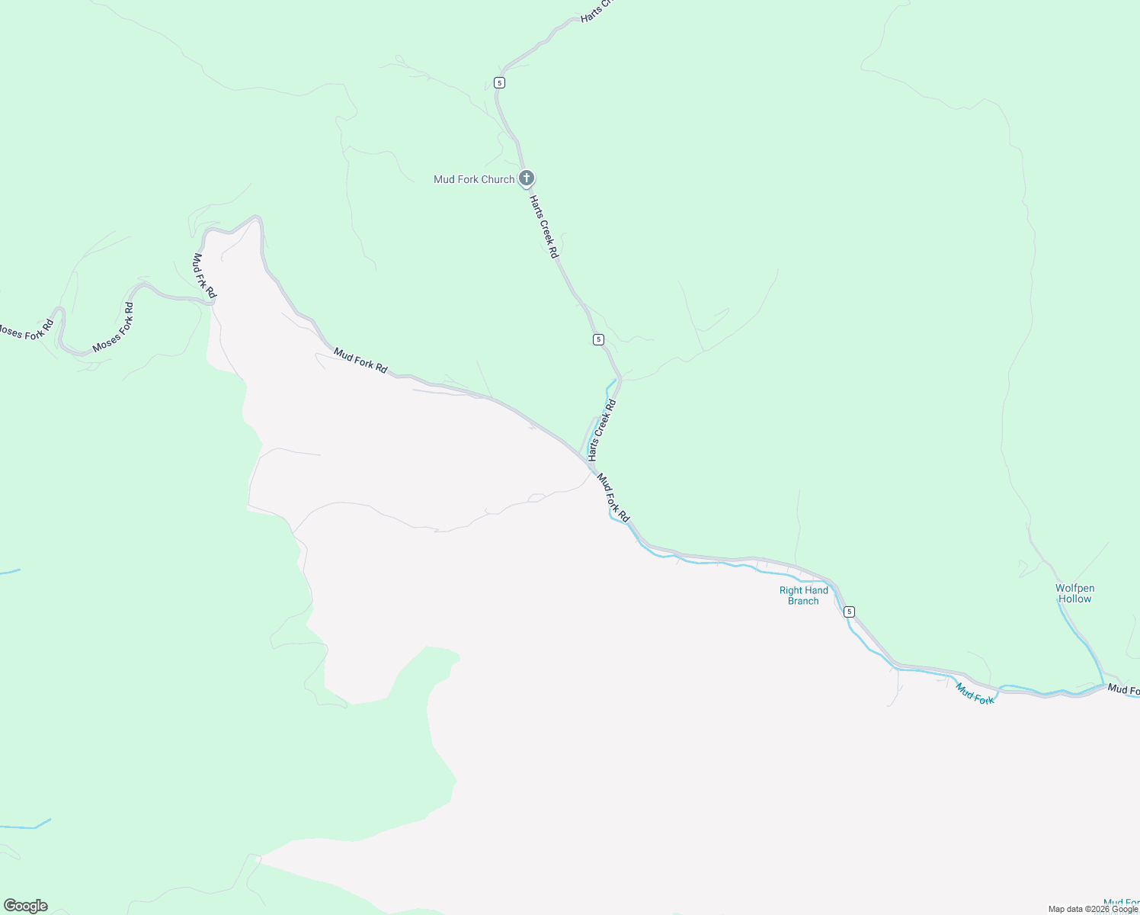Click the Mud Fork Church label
(x=474, y=179)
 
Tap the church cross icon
(x=526, y=178)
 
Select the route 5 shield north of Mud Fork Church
(x=499, y=82)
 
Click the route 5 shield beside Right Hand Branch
(x=850, y=612)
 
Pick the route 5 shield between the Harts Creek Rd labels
(x=598, y=339)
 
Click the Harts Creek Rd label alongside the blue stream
(x=602, y=429)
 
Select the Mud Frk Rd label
(x=205, y=275)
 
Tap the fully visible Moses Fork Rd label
(x=114, y=327)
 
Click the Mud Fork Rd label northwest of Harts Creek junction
(x=360, y=361)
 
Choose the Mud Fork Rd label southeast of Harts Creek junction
(x=613, y=498)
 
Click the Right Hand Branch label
(x=803, y=596)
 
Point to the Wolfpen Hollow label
(x=1074, y=593)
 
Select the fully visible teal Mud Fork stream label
(x=975, y=693)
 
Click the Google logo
(x=26, y=906)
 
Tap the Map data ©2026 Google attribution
(x=1093, y=909)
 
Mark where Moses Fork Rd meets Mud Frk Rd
(x=211, y=303)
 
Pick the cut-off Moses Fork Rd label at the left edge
(x=26, y=331)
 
